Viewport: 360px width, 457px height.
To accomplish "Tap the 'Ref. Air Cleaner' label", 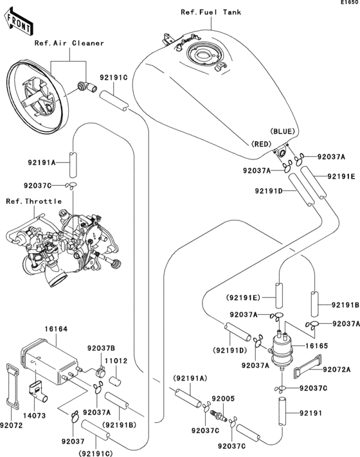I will click(x=69, y=43).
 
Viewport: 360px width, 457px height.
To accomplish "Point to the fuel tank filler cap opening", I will click(x=206, y=57).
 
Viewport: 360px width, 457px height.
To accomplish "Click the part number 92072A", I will click(x=337, y=369).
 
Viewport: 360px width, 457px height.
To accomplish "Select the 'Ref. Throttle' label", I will click(x=33, y=201).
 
